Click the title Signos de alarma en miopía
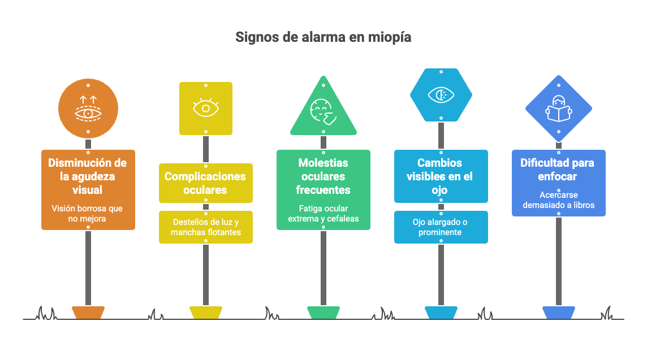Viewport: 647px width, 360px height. click(x=323, y=37)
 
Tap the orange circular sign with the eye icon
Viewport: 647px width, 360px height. click(x=88, y=109)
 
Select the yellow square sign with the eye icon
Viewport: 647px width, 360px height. click(x=206, y=108)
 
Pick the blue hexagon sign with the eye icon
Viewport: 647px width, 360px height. click(x=441, y=95)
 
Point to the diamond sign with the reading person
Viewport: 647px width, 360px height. click(x=558, y=108)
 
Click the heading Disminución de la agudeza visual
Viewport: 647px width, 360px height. click(x=88, y=176)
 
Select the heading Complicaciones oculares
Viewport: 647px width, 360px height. click(x=205, y=183)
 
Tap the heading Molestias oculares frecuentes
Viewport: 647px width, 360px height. click(x=323, y=176)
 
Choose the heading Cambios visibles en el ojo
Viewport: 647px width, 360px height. click(x=441, y=176)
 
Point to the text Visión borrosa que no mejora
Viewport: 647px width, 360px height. click(x=87, y=213)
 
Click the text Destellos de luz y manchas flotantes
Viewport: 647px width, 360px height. click(x=205, y=227)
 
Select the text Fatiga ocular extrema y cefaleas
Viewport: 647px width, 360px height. click(x=323, y=213)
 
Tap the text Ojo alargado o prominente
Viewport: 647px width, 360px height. click(x=441, y=227)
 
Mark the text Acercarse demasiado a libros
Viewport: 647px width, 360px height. click(x=558, y=199)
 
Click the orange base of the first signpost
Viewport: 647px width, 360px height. click(x=88, y=312)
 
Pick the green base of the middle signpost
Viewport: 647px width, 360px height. click(x=323, y=312)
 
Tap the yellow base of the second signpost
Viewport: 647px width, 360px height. click(x=206, y=312)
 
